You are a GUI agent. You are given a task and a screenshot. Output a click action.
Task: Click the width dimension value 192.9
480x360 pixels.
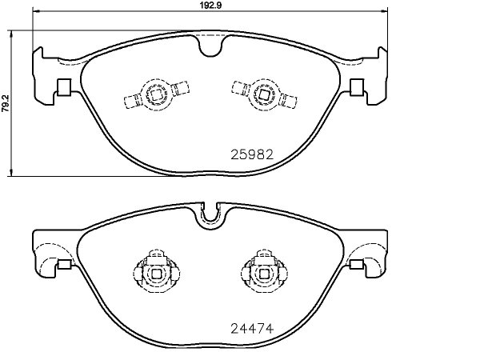pos(210,6)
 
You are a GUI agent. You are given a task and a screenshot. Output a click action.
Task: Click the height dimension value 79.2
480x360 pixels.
pos(6,104)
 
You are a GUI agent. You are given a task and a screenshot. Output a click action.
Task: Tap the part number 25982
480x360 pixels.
pos(252,155)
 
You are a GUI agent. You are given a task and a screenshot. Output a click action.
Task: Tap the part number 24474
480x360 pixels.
pos(252,329)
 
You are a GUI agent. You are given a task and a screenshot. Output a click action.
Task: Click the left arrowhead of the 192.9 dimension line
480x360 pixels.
pos(37,11)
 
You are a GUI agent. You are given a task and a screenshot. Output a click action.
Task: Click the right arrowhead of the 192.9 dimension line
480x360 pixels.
pos(383,11)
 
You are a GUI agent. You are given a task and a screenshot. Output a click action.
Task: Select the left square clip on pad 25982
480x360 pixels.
pos(64,87)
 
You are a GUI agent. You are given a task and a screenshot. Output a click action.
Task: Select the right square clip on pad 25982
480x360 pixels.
pos(357,87)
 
